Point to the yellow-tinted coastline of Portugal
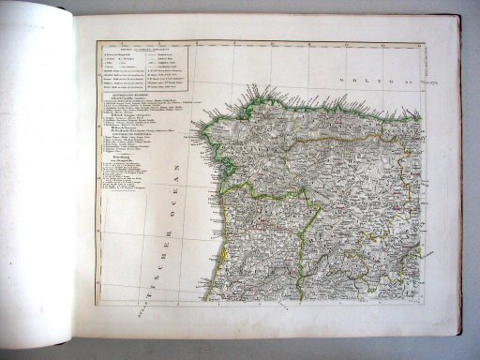coord(213,253)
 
